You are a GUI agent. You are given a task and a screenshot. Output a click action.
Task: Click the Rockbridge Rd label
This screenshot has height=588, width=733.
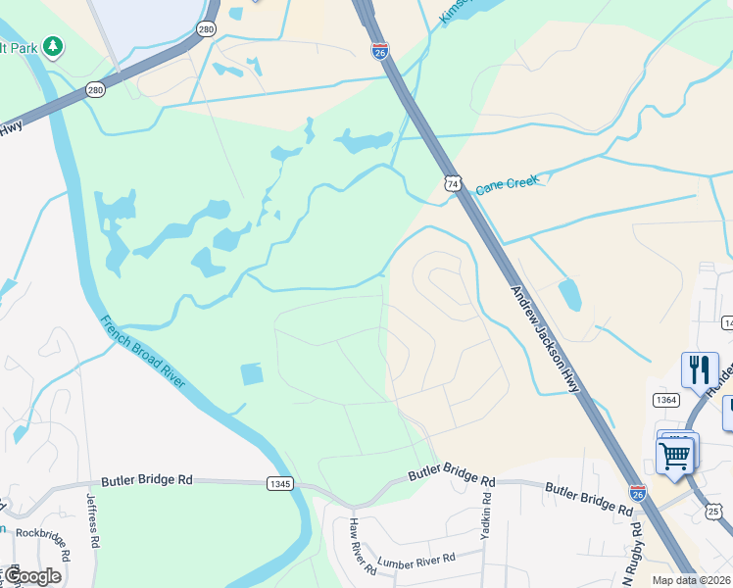43,544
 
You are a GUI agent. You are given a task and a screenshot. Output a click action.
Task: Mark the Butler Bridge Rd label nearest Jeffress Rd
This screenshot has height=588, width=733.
144,481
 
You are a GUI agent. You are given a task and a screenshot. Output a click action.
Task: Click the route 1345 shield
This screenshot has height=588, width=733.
278,482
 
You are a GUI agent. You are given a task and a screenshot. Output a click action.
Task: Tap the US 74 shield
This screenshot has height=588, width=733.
452,183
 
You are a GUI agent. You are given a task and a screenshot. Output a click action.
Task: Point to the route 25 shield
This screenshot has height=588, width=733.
713,512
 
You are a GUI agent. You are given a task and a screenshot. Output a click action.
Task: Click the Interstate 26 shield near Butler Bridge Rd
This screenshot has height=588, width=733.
638,493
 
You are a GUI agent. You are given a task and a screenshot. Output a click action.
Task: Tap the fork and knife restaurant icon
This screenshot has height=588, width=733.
700,368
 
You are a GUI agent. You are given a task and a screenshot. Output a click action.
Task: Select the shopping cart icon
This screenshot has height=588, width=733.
675,454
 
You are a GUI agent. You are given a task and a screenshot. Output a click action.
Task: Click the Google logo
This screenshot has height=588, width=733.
33,576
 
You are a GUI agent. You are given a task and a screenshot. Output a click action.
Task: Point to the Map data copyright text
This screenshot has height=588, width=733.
691,580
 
